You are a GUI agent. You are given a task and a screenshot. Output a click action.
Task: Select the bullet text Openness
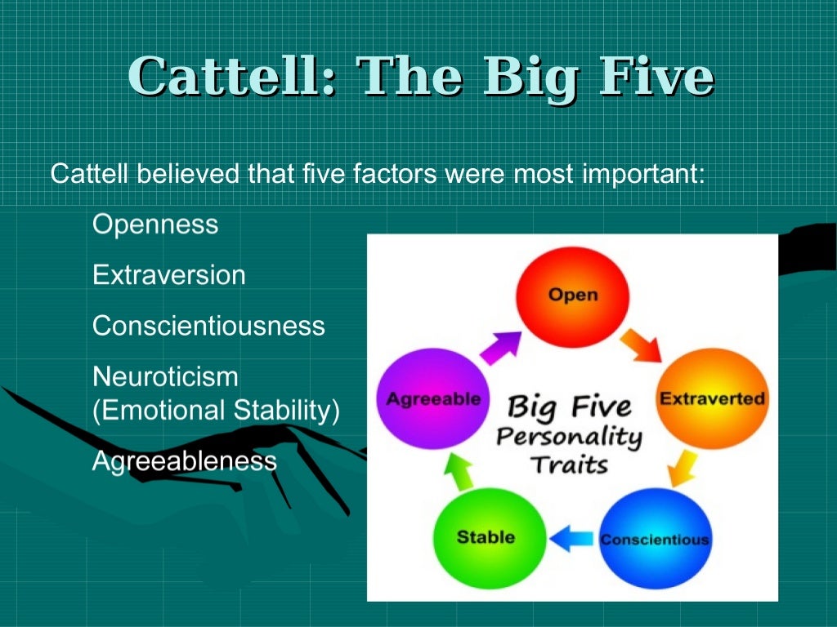[155, 225]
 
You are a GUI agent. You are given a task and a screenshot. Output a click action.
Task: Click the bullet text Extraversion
[169, 275]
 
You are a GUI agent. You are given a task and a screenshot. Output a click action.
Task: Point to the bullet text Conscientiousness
[208, 327]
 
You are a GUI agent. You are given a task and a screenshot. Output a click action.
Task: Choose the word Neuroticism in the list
[165, 377]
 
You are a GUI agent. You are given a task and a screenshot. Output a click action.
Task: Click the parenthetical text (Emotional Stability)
[216, 410]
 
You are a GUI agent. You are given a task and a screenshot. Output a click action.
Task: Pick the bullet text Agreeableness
[185, 461]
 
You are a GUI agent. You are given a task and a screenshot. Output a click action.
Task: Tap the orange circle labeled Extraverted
[712, 399]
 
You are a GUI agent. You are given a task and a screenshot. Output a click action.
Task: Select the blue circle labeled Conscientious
[654, 538]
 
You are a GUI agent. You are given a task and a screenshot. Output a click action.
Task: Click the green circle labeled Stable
[486, 536]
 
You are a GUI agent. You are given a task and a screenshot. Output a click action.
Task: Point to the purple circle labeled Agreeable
[433, 399]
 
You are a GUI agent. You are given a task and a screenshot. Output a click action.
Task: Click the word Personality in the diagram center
[569, 436]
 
